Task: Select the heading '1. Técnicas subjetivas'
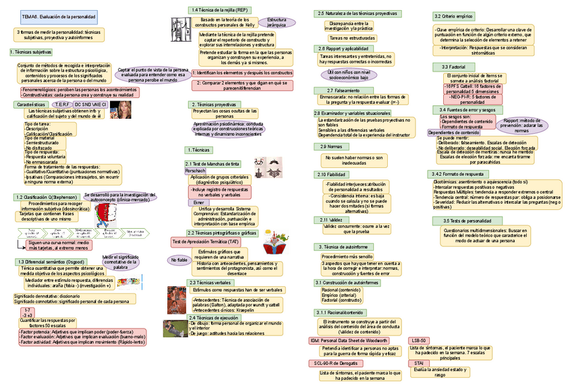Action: [x=30, y=51]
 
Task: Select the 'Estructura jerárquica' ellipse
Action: [x=277, y=23]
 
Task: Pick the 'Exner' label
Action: [x=199, y=202]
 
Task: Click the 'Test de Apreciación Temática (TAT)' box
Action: [x=206, y=241]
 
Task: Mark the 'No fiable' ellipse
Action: [x=179, y=260]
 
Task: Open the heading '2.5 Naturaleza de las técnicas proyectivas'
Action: [x=356, y=13]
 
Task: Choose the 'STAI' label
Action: [x=419, y=363]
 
